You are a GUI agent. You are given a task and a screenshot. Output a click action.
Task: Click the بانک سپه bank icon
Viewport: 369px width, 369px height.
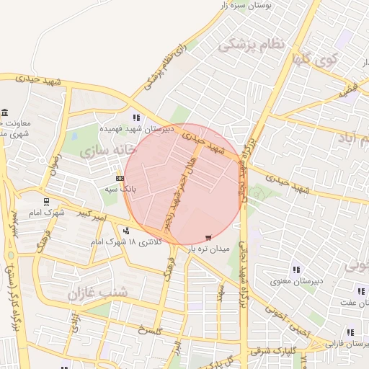[x=120, y=178]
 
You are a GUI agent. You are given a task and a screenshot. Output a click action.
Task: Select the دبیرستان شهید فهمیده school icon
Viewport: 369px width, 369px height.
[x=135, y=118]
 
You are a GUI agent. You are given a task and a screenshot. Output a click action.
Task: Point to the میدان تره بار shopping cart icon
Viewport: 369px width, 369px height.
[x=209, y=237]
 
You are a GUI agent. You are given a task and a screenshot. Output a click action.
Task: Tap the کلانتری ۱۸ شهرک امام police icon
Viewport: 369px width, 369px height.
[x=127, y=231]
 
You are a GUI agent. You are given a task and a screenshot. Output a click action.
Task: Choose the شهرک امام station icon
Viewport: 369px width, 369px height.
[x=47, y=203]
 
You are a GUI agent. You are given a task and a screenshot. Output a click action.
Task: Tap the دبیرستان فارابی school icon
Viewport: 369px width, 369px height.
[x=351, y=332]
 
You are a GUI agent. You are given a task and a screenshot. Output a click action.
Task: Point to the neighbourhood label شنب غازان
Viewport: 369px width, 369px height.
[x=97, y=293]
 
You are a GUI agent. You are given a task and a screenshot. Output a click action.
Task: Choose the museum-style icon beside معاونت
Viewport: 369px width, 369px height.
[x=6, y=114]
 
